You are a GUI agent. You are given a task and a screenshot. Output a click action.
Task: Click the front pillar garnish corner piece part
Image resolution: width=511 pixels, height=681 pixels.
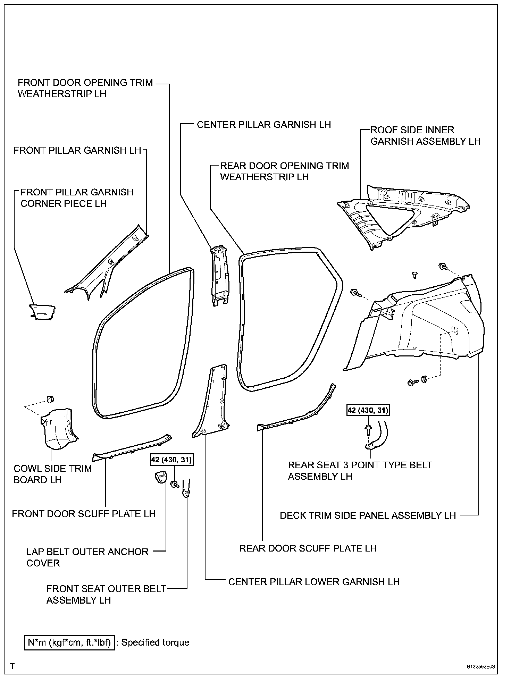(x=42, y=311)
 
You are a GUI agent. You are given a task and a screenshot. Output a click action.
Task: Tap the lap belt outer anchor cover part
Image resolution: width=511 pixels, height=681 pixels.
(x=160, y=478)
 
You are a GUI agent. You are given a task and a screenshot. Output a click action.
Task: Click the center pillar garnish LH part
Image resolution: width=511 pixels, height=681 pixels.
(x=219, y=275)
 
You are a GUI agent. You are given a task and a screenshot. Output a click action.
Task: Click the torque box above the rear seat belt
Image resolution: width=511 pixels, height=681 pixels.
(x=368, y=410)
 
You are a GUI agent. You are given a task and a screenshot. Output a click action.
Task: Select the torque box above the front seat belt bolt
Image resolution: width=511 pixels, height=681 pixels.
(x=172, y=460)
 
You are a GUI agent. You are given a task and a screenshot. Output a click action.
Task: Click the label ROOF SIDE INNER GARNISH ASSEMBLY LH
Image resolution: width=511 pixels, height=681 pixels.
(x=425, y=136)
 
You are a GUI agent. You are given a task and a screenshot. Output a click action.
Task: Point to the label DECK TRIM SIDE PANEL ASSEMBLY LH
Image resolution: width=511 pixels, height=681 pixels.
(x=368, y=515)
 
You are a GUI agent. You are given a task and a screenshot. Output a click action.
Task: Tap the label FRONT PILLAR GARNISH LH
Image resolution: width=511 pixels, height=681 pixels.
(x=77, y=150)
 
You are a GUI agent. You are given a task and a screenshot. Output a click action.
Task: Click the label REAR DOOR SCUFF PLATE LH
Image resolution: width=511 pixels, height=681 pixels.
(x=308, y=548)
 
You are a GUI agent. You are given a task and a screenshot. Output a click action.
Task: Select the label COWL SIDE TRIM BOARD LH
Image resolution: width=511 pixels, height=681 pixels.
(x=53, y=474)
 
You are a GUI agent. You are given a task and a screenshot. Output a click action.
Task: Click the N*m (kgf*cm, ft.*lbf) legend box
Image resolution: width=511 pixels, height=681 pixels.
(x=69, y=642)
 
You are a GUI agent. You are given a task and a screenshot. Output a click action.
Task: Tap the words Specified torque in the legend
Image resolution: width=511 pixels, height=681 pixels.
(x=155, y=642)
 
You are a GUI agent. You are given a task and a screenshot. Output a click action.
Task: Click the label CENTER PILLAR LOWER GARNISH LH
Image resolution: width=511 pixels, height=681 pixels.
(x=314, y=582)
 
